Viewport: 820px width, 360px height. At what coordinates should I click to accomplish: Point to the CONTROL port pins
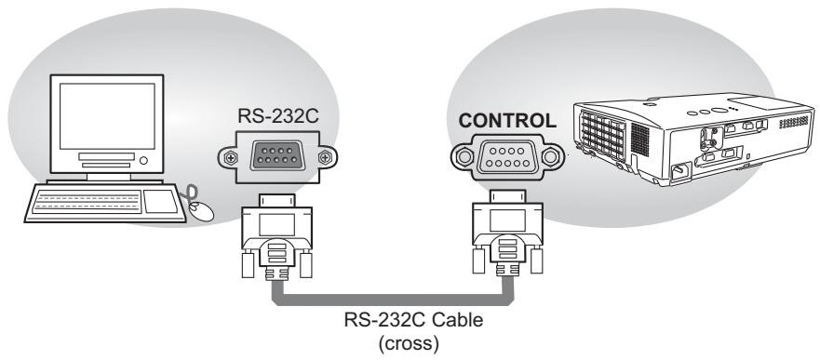click(506, 153)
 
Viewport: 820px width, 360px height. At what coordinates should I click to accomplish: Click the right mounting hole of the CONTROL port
click(554, 153)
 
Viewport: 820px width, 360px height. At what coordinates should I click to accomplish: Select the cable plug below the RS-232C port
click(275, 237)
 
